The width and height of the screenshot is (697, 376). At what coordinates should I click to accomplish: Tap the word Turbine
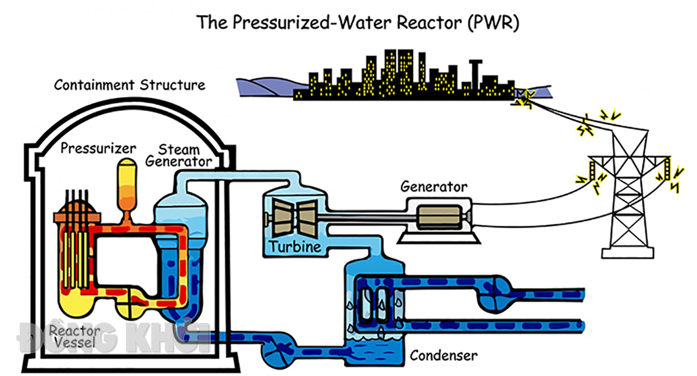(x=295, y=247)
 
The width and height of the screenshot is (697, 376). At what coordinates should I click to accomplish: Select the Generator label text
(x=434, y=187)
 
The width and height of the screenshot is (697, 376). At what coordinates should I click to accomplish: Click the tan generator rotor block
(x=439, y=217)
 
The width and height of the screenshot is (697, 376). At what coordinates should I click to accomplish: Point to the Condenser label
(x=443, y=356)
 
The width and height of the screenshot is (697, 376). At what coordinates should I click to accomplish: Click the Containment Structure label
(x=130, y=85)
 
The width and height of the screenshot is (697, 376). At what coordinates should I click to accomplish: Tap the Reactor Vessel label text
(x=75, y=336)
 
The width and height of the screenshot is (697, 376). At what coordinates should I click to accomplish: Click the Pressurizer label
(x=98, y=148)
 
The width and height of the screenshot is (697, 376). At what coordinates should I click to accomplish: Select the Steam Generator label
(x=179, y=156)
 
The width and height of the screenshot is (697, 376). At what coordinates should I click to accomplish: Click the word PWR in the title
(x=494, y=23)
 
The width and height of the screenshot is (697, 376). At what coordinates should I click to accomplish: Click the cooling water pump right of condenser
(x=494, y=294)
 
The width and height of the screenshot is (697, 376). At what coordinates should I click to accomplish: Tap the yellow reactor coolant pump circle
(x=131, y=303)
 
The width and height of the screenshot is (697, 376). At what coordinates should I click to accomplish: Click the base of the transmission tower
(x=628, y=253)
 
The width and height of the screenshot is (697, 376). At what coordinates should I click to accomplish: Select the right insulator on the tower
(x=667, y=169)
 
